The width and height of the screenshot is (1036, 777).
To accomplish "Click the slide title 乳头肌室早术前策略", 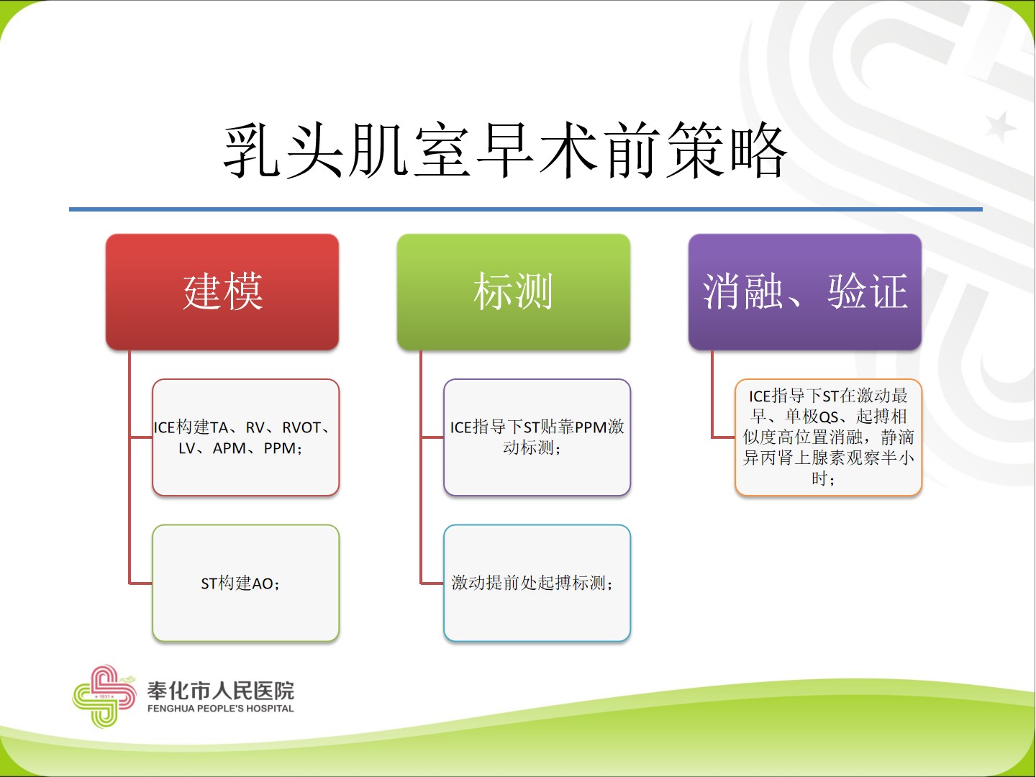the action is pyautogui.click(x=505, y=150).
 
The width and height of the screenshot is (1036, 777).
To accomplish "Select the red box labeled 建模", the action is pyautogui.click(x=222, y=291).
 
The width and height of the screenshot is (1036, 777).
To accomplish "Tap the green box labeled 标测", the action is pyautogui.click(x=514, y=291).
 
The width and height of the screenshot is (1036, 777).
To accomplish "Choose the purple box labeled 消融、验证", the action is pyautogui.click(x=805, y=291).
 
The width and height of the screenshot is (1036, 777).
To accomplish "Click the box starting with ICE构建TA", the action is pyautogui.click(x=245, y=437).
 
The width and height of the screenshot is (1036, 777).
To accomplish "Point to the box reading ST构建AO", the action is pyautogui.click(x=245, y=583).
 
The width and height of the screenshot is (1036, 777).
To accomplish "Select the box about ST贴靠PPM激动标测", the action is pyautogui.click(x=537, y=437).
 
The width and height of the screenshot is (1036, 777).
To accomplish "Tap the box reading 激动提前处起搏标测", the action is pyautogui.click(x=537, y=583).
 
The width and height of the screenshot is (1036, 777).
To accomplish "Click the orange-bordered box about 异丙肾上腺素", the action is pyautogui.click(x=828, y=437).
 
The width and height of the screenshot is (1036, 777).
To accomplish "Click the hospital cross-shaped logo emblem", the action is pyautogui.click(x=104, y=696).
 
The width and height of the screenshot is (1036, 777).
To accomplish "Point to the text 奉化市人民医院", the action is pyautogui.click(x=220, y=691).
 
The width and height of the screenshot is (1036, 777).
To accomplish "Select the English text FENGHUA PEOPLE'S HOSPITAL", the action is pyautogui.click(x=220, y=708).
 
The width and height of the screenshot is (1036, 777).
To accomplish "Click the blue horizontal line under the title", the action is pyautogui.click(x=526, y=209).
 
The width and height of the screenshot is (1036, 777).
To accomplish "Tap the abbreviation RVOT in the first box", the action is pyautogui.click(x=301, y=427).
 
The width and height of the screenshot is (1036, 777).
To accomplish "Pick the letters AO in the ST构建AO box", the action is pyautogui.click(x=263, y=583).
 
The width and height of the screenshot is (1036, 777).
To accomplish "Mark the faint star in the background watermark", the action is pyautogui.click(x=999, y=127).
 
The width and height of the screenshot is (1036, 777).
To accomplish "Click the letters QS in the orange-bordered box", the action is pyautogui.click(x=828, y=417).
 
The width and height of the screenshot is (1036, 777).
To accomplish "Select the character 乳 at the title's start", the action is pyautogui.click(x=251, y=151).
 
